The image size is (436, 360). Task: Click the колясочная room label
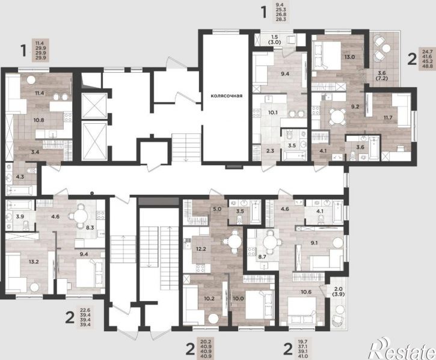226,96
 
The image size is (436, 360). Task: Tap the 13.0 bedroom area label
349,57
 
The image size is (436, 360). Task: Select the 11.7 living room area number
388,118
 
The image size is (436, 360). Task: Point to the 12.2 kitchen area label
201,249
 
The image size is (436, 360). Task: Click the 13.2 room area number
34,261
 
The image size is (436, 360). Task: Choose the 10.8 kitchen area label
39,120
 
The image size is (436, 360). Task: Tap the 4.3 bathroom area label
20,176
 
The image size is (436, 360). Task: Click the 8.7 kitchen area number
262,257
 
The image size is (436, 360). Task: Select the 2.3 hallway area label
270,151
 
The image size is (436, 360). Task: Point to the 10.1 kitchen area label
273,112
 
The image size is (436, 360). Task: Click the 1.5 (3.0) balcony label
275,40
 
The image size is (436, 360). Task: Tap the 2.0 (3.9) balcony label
339,291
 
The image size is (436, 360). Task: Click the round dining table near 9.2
337,116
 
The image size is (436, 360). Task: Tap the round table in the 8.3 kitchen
81,216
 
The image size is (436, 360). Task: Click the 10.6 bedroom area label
306,291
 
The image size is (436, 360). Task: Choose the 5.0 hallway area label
217,209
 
